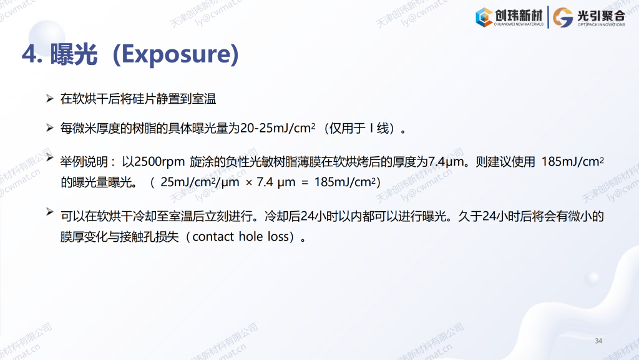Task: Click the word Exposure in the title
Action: point(175,54)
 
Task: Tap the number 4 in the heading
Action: point(29,54)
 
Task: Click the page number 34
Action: point(598,341)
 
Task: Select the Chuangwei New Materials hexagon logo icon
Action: point(484,17)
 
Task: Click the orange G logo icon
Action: point(563,17)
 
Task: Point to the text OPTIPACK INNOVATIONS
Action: point(601,25)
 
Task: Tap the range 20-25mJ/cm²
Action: point(278,128)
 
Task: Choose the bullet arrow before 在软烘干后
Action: point(50,98)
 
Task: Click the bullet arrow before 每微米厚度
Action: point(50,128)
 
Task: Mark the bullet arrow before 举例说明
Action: point(50,157)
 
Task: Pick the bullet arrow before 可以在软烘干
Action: point(50,211)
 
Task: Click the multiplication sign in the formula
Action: point(249,183)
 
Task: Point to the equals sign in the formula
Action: point(305,183)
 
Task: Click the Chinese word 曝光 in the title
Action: point(74,54)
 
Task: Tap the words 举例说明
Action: point(84,162)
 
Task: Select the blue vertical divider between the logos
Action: point(548,17)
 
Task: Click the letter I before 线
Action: point(371,128)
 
